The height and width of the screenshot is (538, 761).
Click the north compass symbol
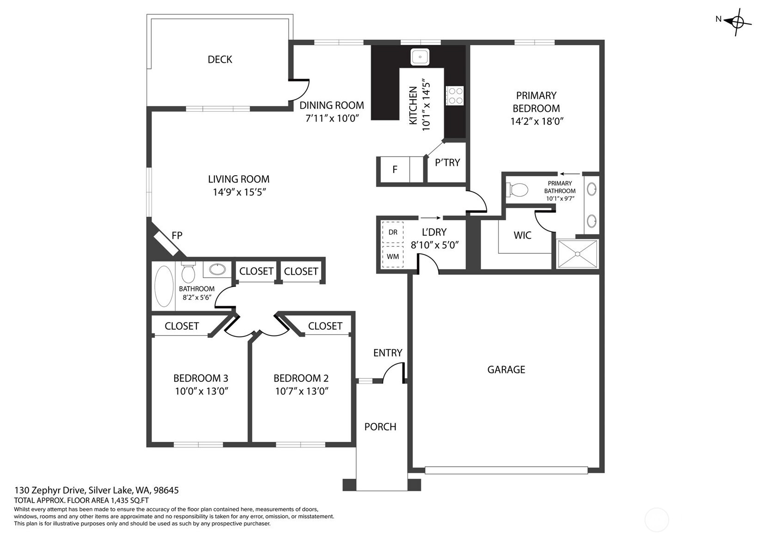[737, 21]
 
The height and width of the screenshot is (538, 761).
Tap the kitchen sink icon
[420, 57]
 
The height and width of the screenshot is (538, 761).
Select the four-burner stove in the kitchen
[455, 96]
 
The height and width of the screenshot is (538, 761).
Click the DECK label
[219, 59]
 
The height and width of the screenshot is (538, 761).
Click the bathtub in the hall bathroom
[164, 286]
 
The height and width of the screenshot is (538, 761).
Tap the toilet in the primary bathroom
[518, 190]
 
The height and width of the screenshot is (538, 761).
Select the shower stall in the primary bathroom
[577, 253]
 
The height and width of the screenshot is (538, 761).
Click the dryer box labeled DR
[393, 232]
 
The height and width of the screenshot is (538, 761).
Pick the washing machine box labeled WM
[393, 257]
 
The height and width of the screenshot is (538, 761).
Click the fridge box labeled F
[395, 170]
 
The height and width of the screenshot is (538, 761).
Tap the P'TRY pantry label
[447, 163]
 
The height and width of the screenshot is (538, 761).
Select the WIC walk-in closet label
[522, 235]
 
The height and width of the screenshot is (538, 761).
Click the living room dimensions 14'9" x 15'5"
[239, 192]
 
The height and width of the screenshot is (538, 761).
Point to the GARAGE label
[506, 369]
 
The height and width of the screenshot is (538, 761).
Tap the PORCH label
[380, 427]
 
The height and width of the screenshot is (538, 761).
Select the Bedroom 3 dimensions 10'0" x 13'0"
[201, 391]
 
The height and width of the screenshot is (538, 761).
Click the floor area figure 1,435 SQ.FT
[129, 500]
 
